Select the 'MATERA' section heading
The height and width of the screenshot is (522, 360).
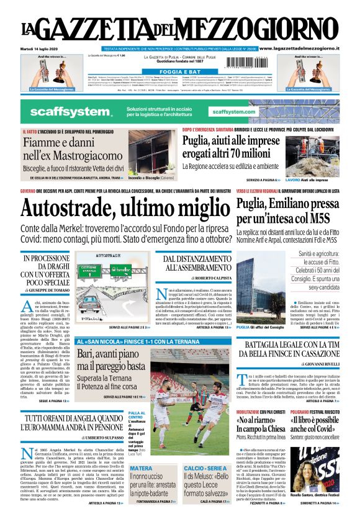[x=141, y=468]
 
